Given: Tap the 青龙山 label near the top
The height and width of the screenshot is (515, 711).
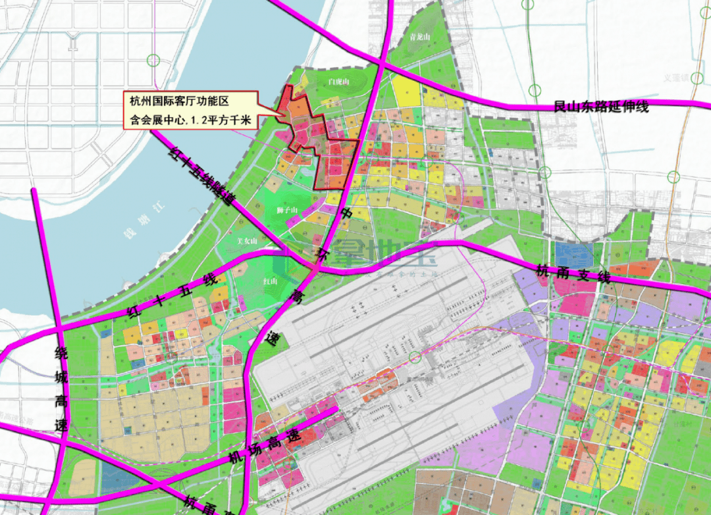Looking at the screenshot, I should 419,37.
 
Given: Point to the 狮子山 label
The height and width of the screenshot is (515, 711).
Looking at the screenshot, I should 288,210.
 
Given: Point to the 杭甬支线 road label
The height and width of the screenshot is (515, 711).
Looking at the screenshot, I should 573,273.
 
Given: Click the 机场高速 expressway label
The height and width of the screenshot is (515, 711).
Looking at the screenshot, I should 263,447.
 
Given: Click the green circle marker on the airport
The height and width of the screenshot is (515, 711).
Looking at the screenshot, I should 414,357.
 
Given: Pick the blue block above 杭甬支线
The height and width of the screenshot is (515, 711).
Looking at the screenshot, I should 572,253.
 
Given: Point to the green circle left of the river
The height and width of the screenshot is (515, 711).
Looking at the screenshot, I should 153,61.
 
